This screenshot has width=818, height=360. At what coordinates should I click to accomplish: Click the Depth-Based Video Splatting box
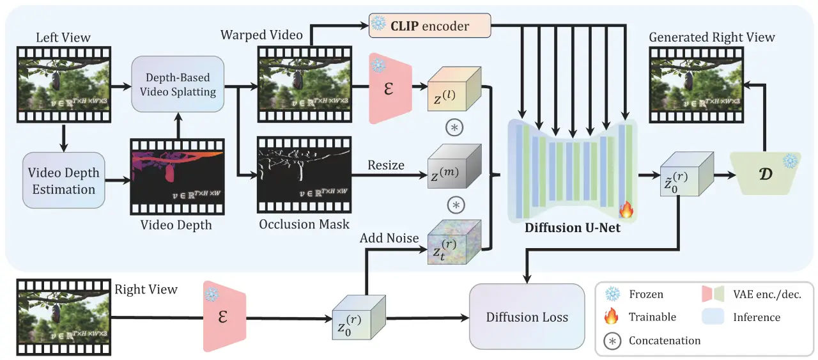tap(178, 84)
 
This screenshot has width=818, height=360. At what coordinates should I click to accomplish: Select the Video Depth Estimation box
tap(64, 180)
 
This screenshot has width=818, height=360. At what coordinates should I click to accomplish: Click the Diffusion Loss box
tap(527, 317)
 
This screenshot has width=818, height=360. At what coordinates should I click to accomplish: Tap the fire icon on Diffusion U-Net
tap(626, 210)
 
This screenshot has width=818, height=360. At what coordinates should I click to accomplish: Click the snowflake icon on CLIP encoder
tap(379, 25)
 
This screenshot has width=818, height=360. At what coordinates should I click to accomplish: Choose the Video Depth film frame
tap(177, 176)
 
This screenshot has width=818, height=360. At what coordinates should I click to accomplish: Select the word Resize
tap(385, 165)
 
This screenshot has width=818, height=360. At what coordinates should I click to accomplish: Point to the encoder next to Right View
tap(224, 317)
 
